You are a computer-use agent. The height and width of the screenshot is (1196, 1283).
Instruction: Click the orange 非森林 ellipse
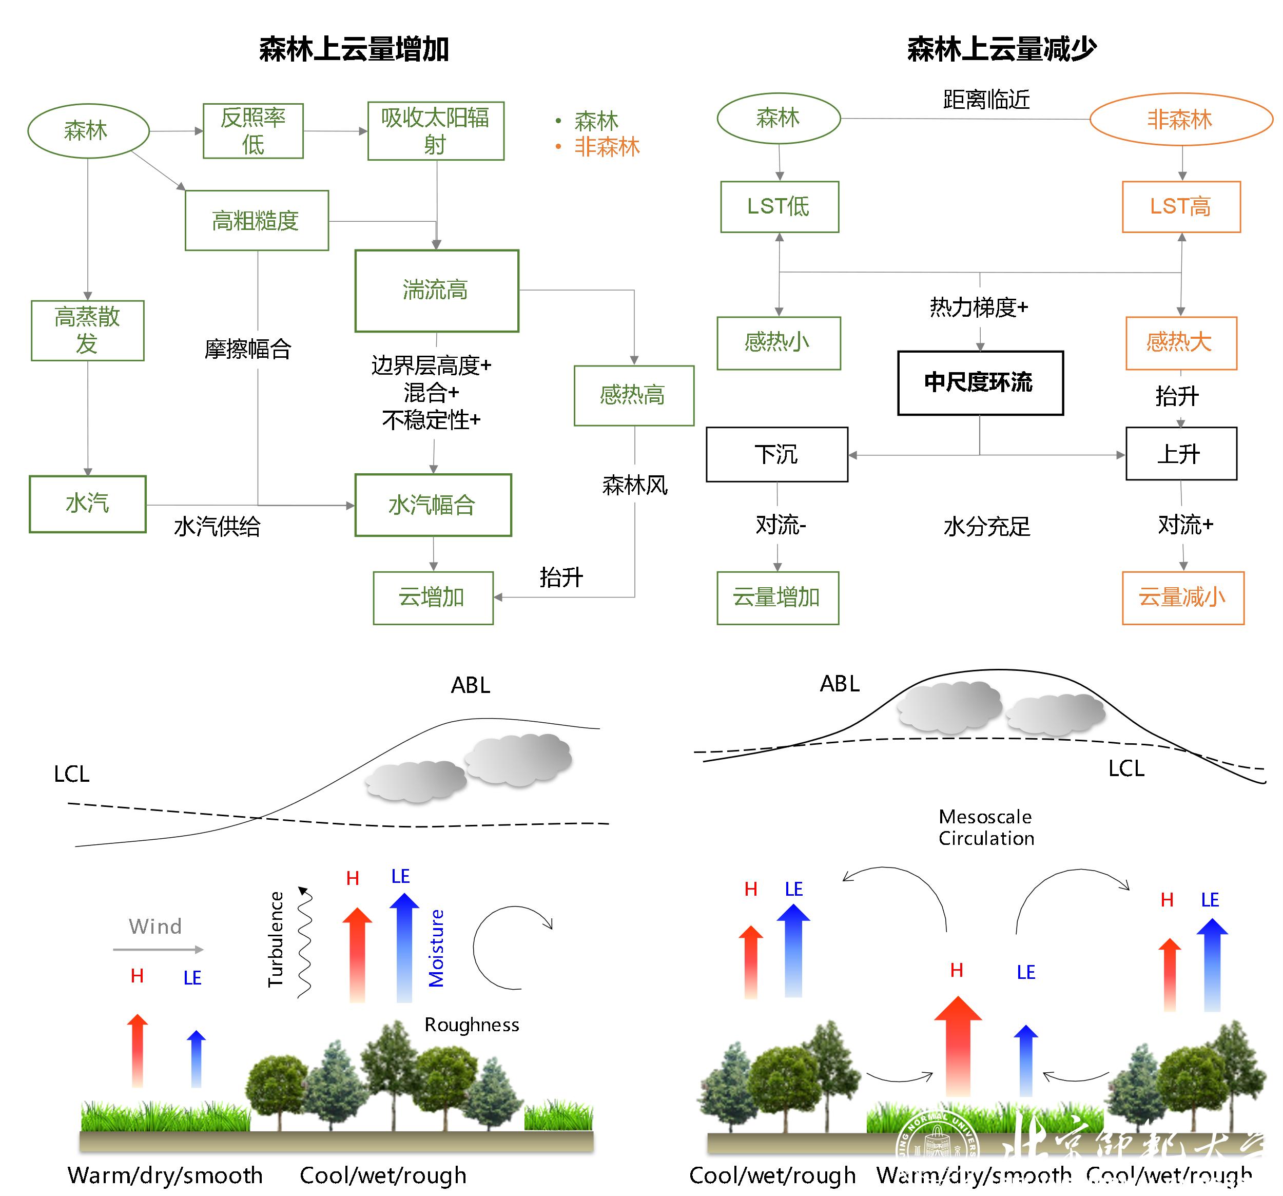pyautogui.click(x=1180, y=120)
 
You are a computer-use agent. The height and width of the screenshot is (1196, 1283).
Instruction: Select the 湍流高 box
pyautogui.click(x=436, y=291)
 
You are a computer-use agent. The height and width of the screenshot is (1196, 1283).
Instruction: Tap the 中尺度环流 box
pyautogui.click(x=979, y=383)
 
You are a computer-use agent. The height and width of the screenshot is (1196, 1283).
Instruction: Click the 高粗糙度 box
pyautogui.click(x=256, y=221)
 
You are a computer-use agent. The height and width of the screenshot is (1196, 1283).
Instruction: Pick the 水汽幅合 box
pyautogui.click(x=433, y=505)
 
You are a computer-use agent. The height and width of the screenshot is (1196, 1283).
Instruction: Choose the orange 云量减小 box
pyautogui.click(x=1182, y=597)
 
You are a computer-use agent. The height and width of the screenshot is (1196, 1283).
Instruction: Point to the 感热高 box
pyautogui.click(x=633, y=395)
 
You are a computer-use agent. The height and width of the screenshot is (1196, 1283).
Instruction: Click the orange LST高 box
pyautogui.click(x=1180, y=206)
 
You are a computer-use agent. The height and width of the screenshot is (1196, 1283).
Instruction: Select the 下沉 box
pyautogui.click(x=776, y=454)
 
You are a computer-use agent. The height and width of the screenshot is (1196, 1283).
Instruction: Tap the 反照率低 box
pyautogui.click(x=253, y=131)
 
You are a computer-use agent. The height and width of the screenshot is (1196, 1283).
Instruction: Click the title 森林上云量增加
pyautogui.click(x=354, y=49)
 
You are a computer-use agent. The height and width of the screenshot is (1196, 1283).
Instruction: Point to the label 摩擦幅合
pyautogui.click(x=248, y=349)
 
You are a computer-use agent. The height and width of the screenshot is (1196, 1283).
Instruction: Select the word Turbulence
pyautogui.click(x=276, y=939)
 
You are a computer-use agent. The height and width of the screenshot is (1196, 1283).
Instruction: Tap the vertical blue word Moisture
pyautogui.click(x=436, y=948)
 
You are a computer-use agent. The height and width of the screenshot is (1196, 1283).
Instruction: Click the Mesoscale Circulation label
pyautogui.click(x=985, y=827)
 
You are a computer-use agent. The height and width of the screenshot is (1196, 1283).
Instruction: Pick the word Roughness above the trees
pyautogui.click(x=471, y=1025)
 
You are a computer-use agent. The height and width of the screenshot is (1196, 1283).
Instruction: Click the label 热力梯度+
pyautogui.click(x=978, y=307)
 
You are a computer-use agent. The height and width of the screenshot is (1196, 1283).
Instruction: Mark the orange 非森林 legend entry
pyautogui.click(x=606, y=147)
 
